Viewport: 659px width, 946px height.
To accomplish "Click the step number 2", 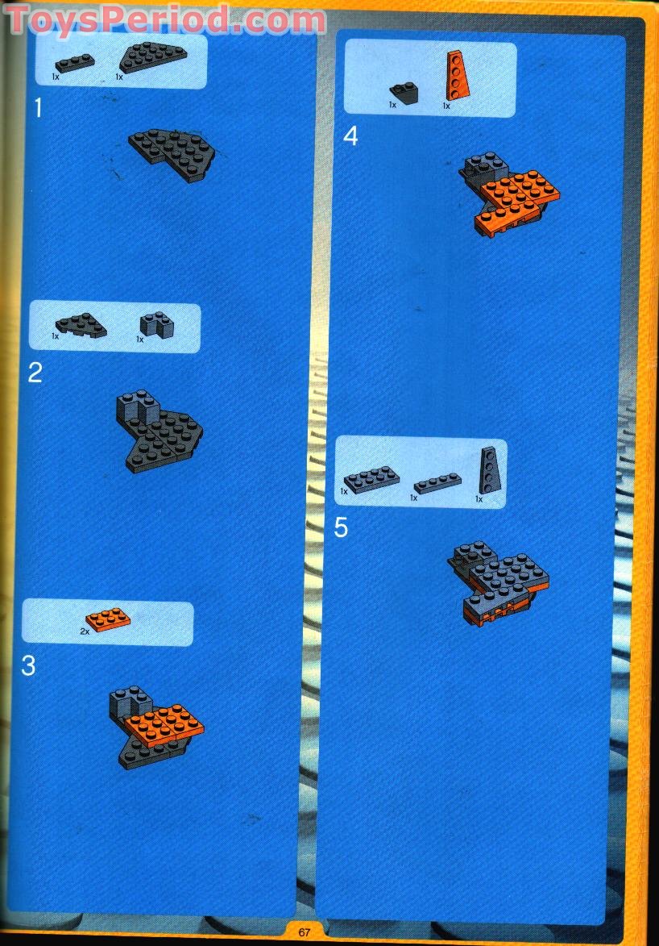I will coord(35,373).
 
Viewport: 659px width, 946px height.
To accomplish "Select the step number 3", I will coord(29,666).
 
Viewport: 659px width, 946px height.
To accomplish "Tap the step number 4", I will coord(350,136).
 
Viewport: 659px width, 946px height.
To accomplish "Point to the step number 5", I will coord(342,528).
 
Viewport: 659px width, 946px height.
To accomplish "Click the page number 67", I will coord(305,932).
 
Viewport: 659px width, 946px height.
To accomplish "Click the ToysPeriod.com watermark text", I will coord(165,19).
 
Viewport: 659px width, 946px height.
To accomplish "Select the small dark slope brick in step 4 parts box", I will coord(404,94).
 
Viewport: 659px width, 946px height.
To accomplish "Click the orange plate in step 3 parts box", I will coord(108,620).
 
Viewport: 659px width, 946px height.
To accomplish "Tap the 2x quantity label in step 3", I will coord(85,631).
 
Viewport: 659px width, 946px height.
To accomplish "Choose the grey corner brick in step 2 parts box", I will coord(156,325).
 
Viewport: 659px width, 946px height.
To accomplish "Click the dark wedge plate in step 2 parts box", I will coord(81,326).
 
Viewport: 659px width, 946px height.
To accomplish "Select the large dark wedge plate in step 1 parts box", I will coord(153,57).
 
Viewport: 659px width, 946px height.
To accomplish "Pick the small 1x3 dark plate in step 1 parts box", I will coord(75,62).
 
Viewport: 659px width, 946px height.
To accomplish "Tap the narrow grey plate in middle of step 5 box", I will coord(437,483).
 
